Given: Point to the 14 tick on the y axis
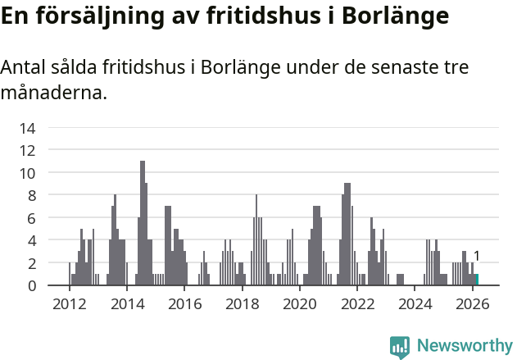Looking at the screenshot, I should pyautogui.click(x=28, y=128).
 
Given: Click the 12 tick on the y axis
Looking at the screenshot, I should pyautogui.click(x=28, y=150).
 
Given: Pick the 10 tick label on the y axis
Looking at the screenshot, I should pyautogui.click(x=28, y=173).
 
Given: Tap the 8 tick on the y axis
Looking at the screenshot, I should pyautogui.click(x=31, y=195).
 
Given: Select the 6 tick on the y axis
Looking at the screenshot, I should pyautogui.click(x=31, y=218).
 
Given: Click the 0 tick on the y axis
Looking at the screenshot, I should pyautogui.click(x=31, y=285).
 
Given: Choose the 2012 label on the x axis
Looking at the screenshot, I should pyautogui.click(x=69, y=303).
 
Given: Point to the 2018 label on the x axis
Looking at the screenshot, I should pyautogui.click(x=242, y=303).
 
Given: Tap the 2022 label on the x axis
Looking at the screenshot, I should pyautogui.click(x=357, y=303).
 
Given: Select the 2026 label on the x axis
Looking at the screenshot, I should pyautogui.click(x=473, y=303).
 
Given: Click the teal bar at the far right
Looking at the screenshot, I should pyautogui.click(x=477, y=280).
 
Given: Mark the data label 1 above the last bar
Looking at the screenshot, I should pyautogui.click(x=477, y=256).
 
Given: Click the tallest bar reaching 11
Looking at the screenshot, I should pyautogui.click(x=143, y=221).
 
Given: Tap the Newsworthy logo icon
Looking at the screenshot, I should pyautogui.click(x=400, y=346).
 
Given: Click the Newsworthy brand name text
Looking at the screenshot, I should pyautogui.click(x=465, y=346).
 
